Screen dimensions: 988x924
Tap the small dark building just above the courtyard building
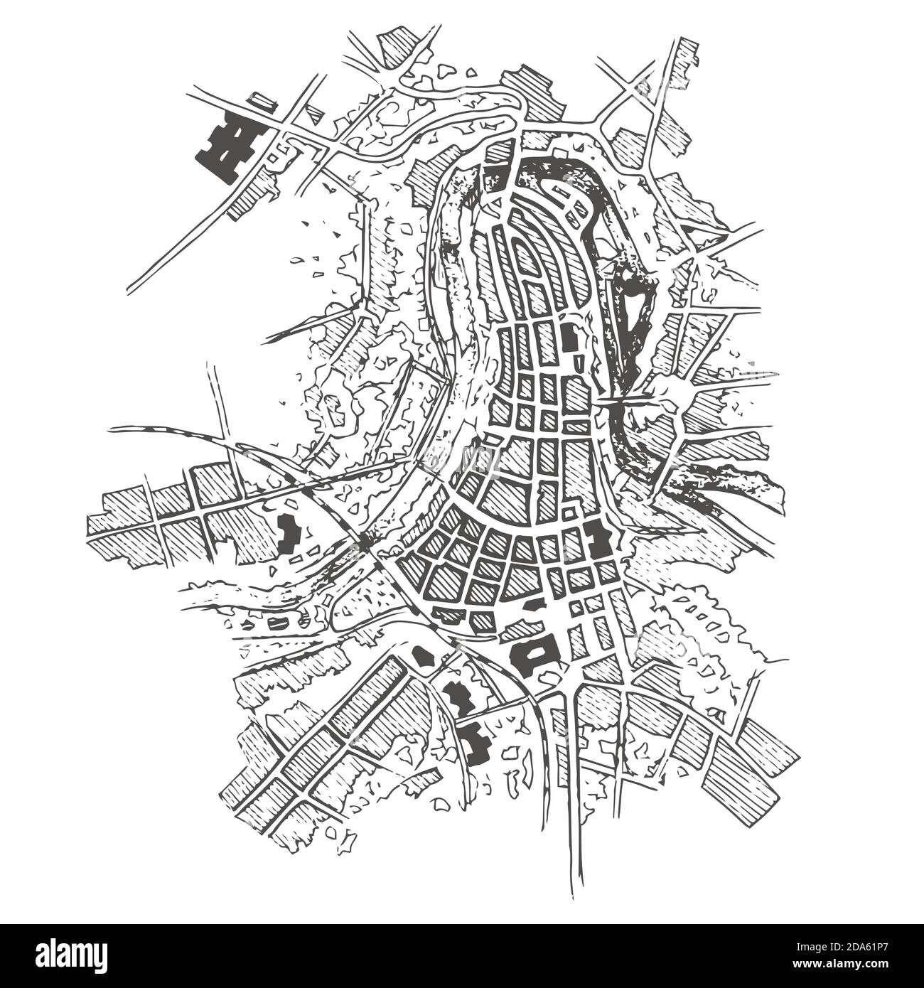click(x=533, y=606)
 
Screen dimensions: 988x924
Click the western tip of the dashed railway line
click(x=114, y=429)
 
